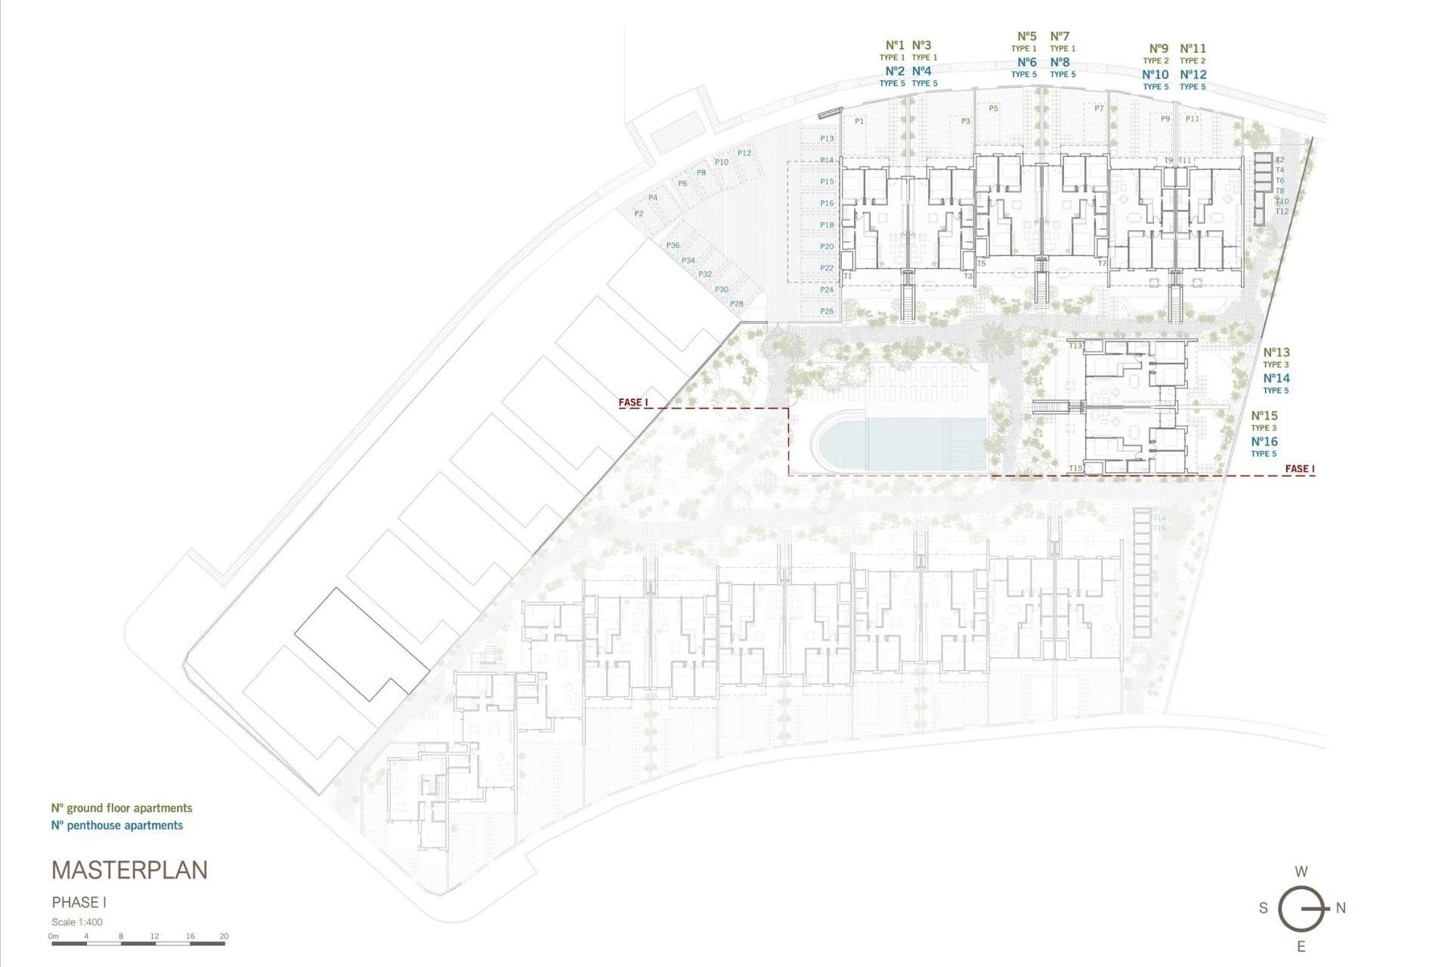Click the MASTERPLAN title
[x=129, y=870]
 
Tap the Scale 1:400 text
[x=77, y=922]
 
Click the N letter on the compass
[x=1341, y=908]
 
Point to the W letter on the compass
[x=1301, y=871]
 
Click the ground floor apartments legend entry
[x=122, y=808]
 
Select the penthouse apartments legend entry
[x=117, y=826]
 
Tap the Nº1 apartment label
[x=895, y=45]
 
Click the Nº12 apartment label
[x=1193, y=74]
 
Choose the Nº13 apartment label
[x=1276, y=352]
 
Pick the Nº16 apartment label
[x=1264, y=442]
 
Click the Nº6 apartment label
[x=1026, y=62]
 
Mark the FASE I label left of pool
[x=633, y=402]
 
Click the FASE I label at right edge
[x=1300, y=468]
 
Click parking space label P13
[x=827, y=138]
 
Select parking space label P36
[x=673, y=246]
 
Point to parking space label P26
[x=827, y=311]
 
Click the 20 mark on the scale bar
[x=224, y=936]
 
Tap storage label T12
[x=1282, y=212]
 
